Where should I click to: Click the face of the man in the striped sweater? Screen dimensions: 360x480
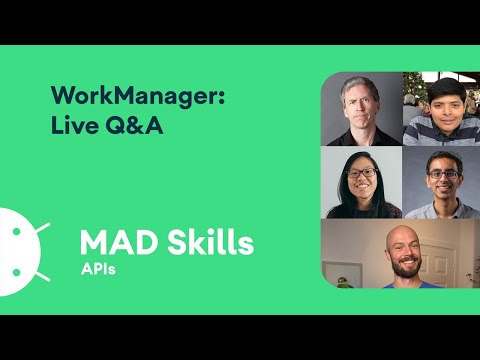(441, 106)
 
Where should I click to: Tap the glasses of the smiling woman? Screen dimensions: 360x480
(361, 176)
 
